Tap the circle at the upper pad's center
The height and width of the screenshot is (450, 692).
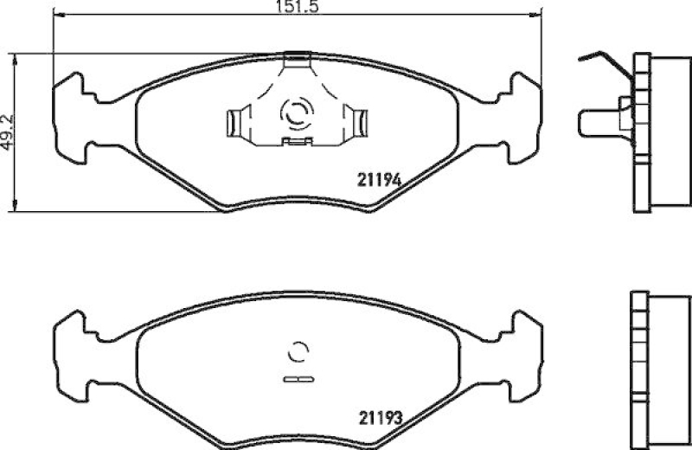pos(296,112)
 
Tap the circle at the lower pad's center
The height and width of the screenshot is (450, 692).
pos(297,351)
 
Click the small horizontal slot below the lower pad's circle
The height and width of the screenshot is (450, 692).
pos(297,378)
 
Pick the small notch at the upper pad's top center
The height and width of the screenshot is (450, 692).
pos(297,58)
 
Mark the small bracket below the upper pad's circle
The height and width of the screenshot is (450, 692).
pos(297,140)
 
